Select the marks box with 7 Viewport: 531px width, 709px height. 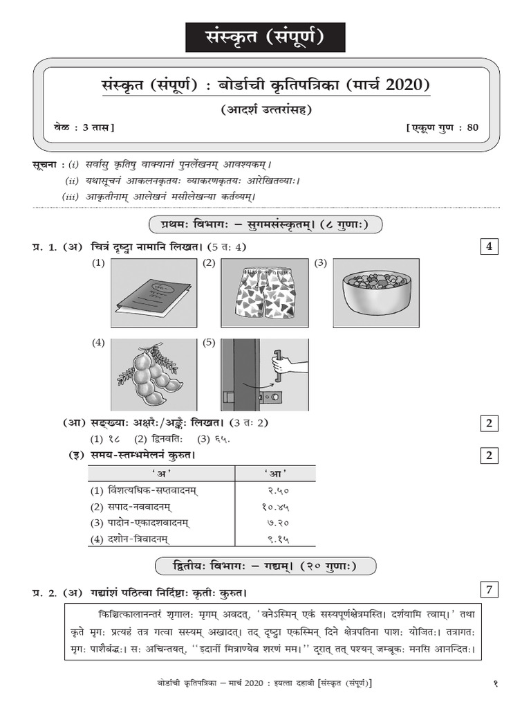point(488,591)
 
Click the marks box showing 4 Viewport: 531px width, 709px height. point(488,246)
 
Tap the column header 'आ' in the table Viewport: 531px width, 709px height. point(275,474)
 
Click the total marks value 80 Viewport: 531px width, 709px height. point(471,127)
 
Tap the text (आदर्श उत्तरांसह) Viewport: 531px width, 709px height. point(265,109)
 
